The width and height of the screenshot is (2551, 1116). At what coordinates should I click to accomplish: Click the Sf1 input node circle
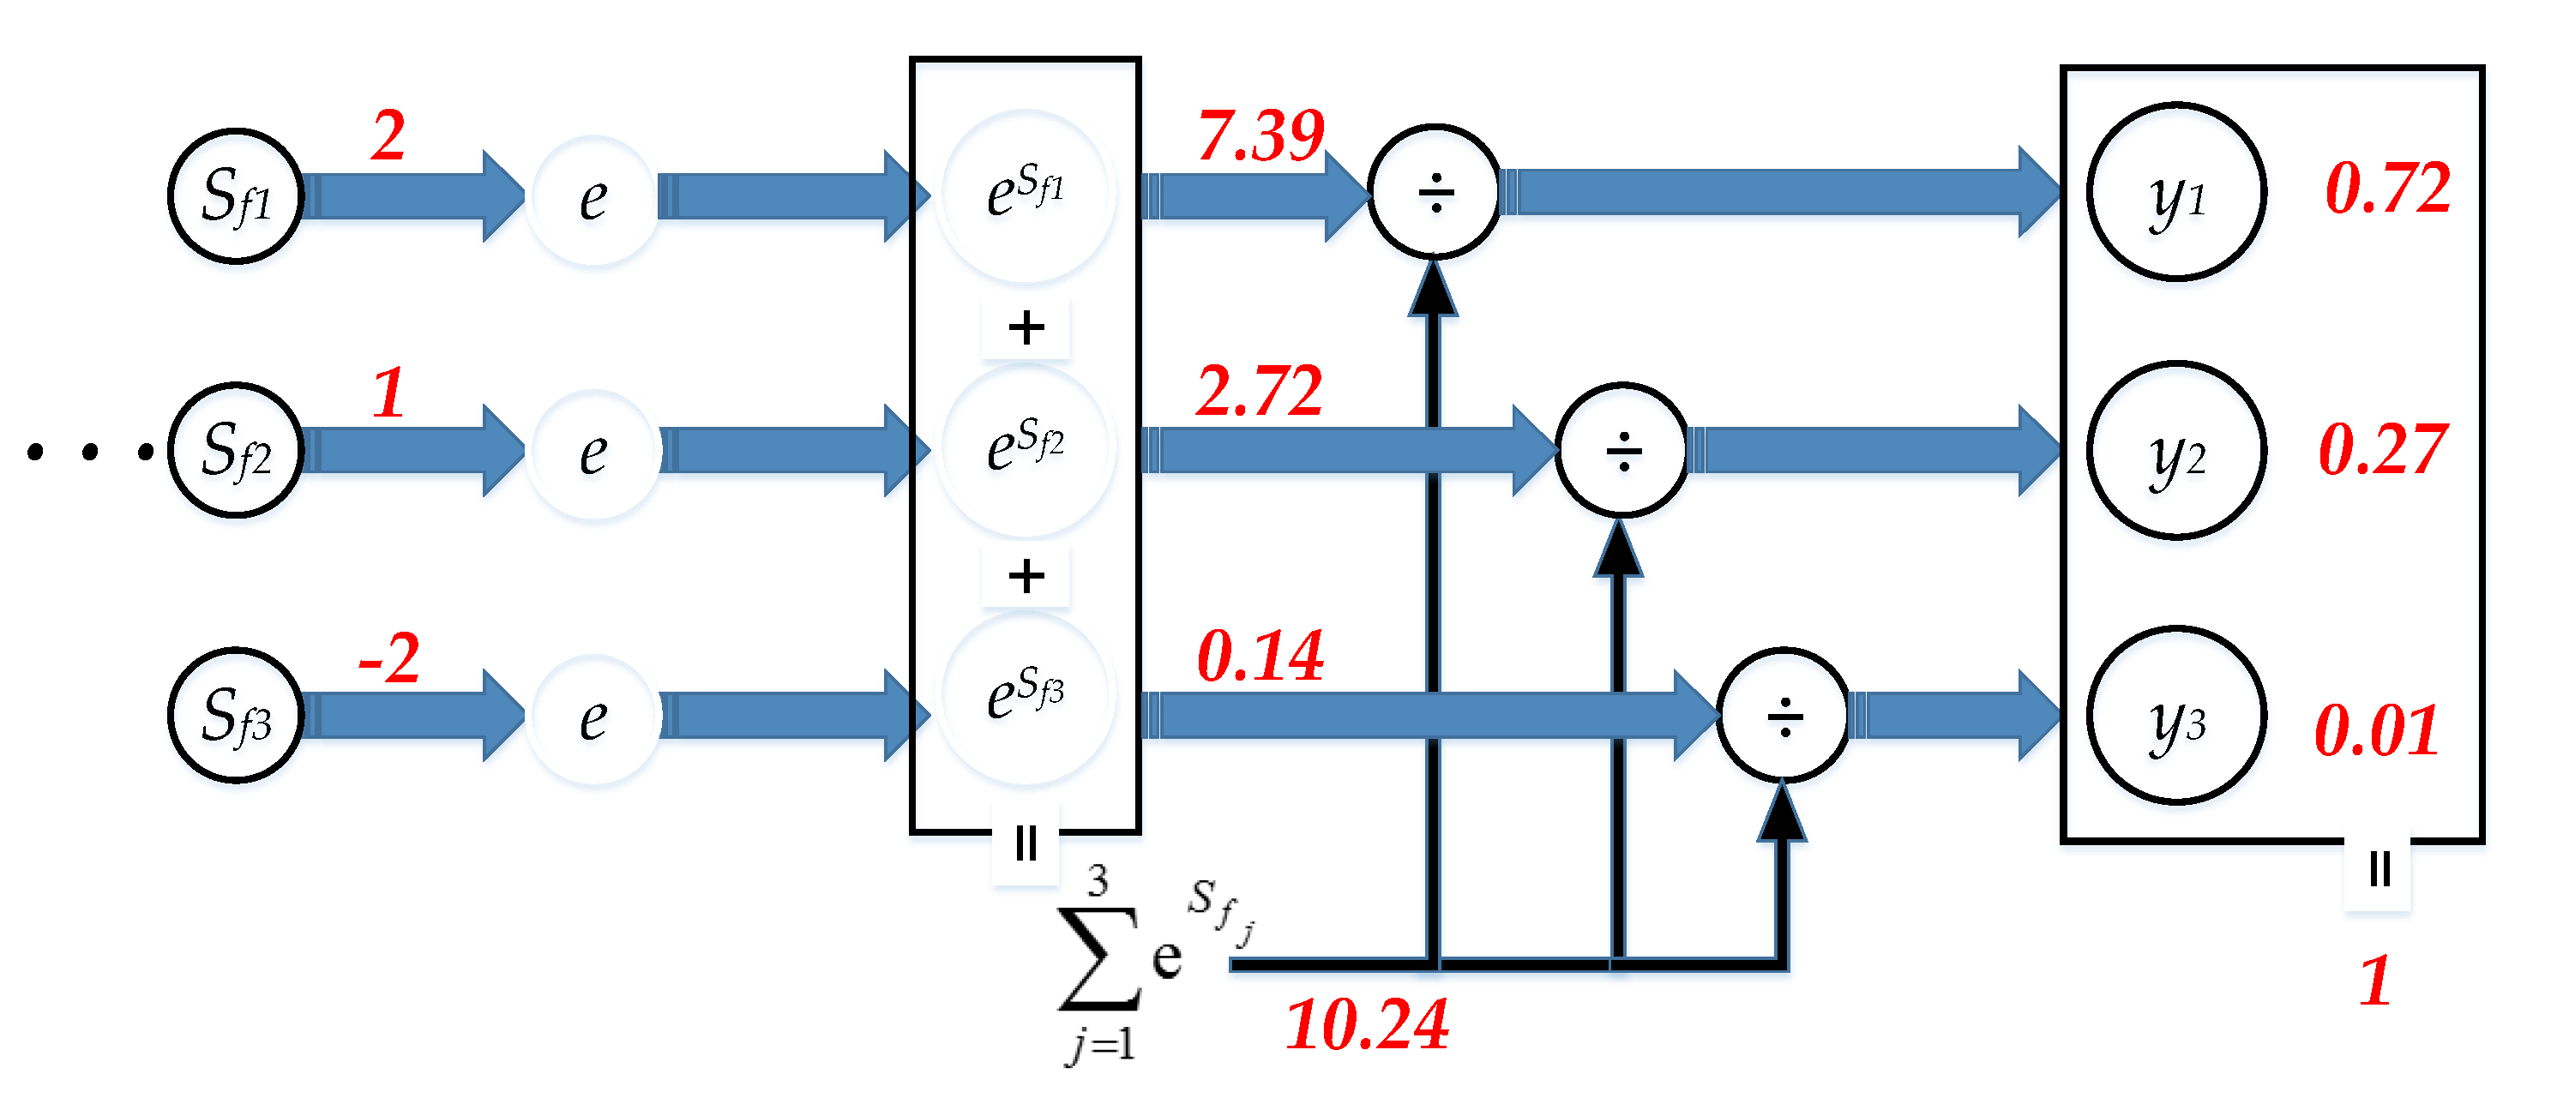(236, 196)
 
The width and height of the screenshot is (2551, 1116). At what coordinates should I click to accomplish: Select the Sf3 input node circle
(236, 716)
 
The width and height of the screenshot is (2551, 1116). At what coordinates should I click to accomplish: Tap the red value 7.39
(1260, 135)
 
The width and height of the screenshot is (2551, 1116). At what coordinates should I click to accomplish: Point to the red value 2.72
(1259, 391)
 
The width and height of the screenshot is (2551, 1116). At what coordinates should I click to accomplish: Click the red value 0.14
(1260, 656)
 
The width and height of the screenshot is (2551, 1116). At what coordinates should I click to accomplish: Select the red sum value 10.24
(1367, 1025)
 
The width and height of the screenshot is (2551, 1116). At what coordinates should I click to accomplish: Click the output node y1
(2176, 192)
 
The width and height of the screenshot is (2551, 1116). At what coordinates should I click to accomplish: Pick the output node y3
(2176, 716)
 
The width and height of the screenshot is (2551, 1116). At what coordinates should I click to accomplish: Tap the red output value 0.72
(2387, 189)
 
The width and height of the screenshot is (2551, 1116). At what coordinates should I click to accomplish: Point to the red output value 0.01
(2377, 731)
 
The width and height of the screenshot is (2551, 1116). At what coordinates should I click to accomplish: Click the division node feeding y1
(1435, 192)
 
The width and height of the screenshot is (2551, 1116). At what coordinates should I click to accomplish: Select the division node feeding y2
(1622, 451)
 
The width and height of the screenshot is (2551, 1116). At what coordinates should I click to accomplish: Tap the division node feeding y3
(1784, 716)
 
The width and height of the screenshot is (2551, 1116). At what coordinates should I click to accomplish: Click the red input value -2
(389, 658)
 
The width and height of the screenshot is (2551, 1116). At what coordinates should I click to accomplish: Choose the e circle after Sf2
(593, 453)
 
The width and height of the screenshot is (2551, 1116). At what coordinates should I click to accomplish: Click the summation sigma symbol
(1098, 957)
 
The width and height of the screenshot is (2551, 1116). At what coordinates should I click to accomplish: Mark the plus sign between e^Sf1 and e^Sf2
(1026, 327)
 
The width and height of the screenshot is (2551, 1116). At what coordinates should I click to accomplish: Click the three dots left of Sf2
(90, 453)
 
